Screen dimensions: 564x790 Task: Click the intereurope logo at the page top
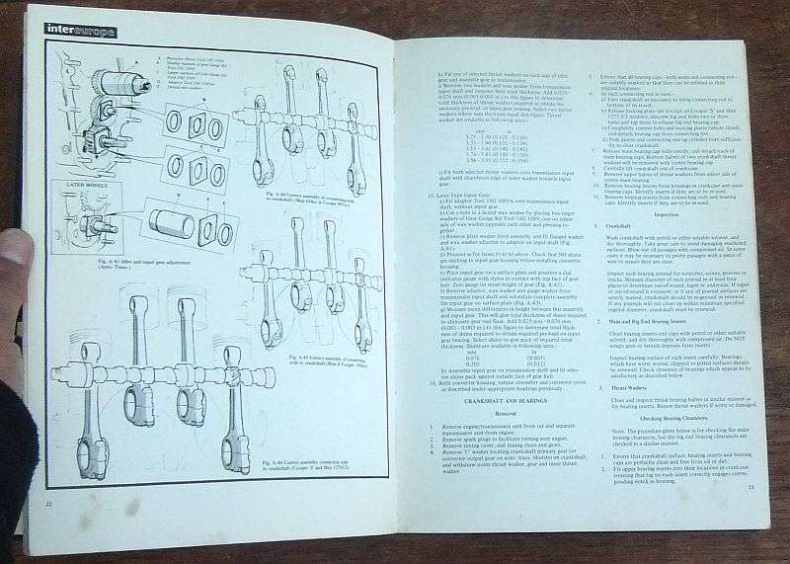(x=79, y=32)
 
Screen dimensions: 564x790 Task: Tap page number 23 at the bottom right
(x=750, y=487)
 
